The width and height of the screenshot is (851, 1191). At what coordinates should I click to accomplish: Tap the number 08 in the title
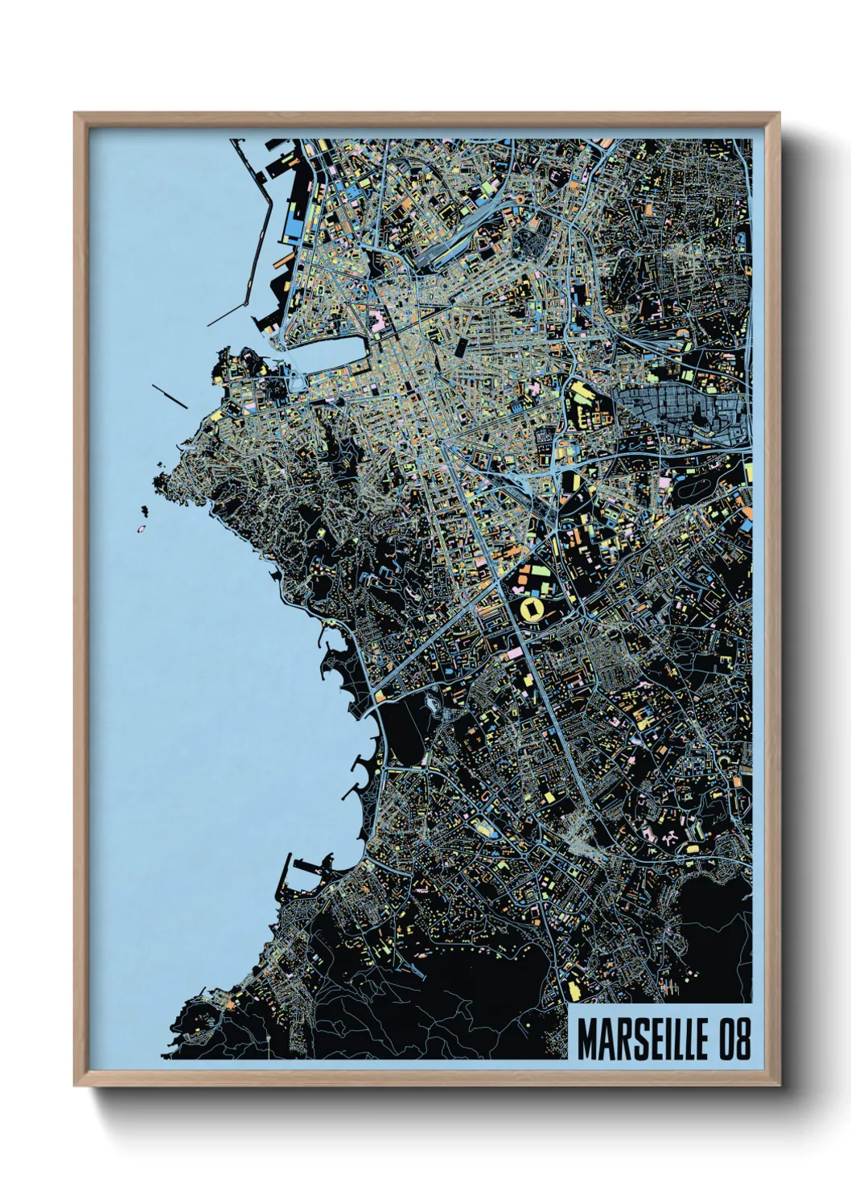click(x=734, y=1040)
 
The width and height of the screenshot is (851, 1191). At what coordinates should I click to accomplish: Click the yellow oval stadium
click(x=532, y=609)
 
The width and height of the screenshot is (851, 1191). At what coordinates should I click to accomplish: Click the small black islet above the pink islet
click(x=146, y=509)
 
